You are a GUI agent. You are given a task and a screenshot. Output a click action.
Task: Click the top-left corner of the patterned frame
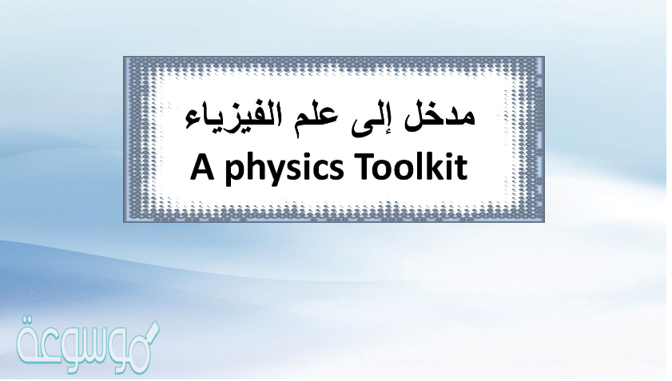click(x=125, y=58)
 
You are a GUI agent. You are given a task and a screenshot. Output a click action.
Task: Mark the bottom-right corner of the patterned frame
click(x=543, y=220)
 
